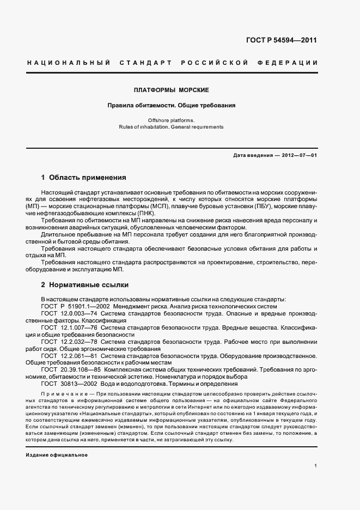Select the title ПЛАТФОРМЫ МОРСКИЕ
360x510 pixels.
point(172,89)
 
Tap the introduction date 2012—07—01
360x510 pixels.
point(299,155)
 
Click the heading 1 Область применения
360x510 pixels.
point(83,178)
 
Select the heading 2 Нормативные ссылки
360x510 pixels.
point(84,284)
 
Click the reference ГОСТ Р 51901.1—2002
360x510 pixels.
point(76,306)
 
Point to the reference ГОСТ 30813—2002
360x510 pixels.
point(70,384)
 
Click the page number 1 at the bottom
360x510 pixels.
point(316,466)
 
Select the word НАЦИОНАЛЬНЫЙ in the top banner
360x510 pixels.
point(69,63)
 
